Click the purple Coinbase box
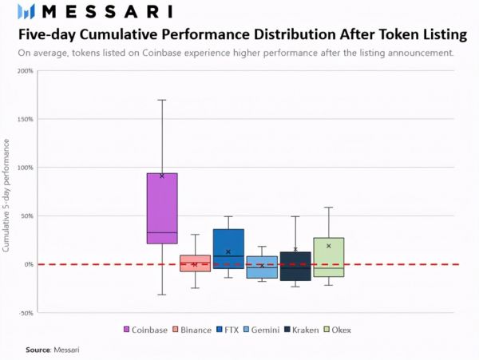pos(162,208)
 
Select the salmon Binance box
pos(195,263)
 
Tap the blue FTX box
pos(228,248)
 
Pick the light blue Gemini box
pos(262,267)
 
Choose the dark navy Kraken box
pos(295,266)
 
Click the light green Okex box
pos(329,257)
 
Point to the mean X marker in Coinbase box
pos(162,176)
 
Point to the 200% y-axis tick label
pos(25,70)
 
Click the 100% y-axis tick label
pos(25,168)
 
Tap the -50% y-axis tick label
pos(25,313)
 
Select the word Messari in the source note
pos(67,350)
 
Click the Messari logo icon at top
pos(26,11)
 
